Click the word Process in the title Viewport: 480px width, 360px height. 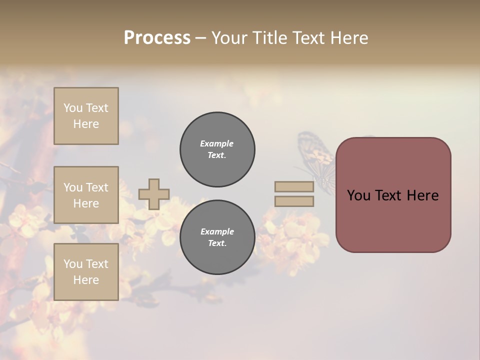pyautogui.click(x=157, y=38)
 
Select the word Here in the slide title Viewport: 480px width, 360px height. pyautogui.click(x=346, y=38)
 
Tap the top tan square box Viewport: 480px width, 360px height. pyautogui.click(x=86, y=116)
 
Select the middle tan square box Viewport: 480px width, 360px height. pyautogui.click(x=86, y=195)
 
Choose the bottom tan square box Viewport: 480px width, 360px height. pyautogui.click(x=86, y=271)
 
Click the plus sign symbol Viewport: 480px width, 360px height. pyautogui.click(x=154, y=194)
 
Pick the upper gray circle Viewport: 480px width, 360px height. pyautogui.click(x=217, y=149)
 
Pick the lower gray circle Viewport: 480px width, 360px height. pyautogui.click(x=217, y=237)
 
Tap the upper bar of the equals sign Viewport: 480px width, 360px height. pyautogui.click(x=294, y=186)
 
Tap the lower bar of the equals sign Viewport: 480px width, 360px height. pyautogui.click(x=294, y=201)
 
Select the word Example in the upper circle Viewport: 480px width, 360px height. pyautogui.click(x=217, y=143)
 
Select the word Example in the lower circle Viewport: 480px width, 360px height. pyautogui.click(x=217, y=231)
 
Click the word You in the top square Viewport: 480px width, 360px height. pyautogui.click(x=73, y=108)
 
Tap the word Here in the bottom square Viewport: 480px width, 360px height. pyautogui.click(x=86, y=280)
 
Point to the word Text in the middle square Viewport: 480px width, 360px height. pyautogui.click(x=96, y=187)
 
